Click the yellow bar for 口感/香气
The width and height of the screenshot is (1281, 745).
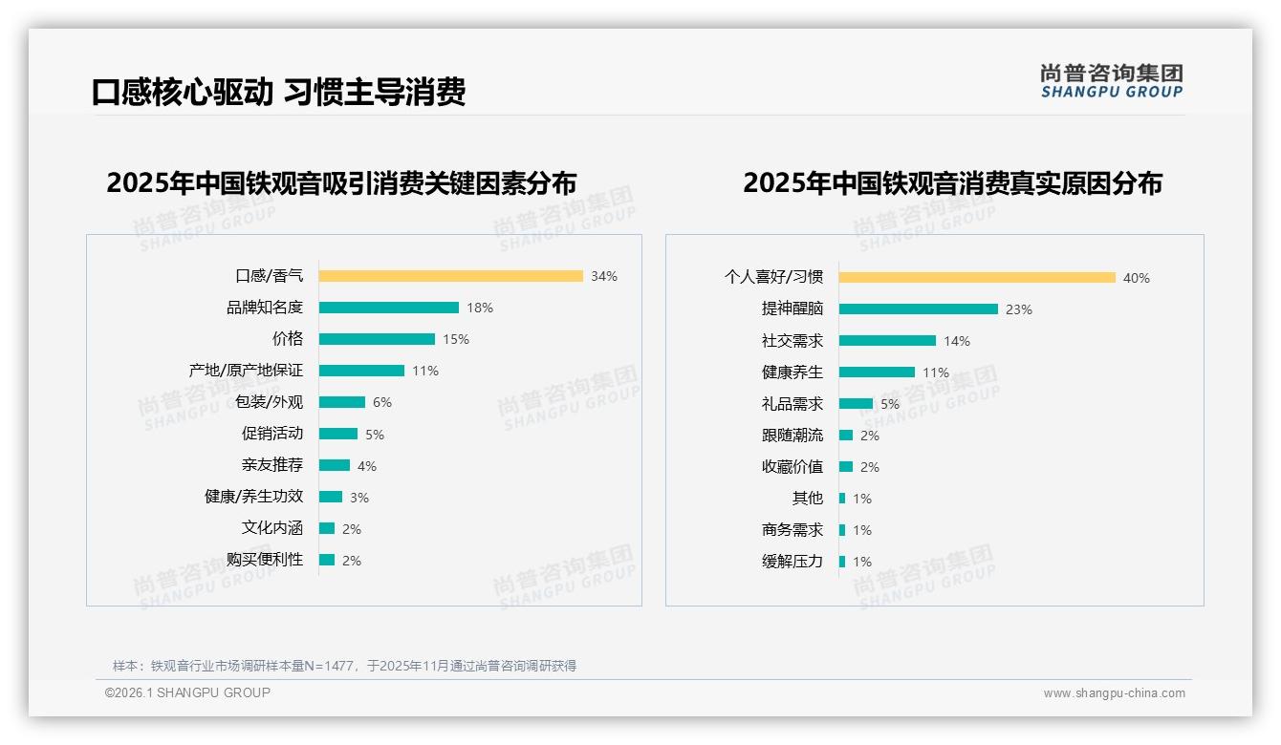point(450,276)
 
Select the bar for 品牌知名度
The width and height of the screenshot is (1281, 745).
point(388,308)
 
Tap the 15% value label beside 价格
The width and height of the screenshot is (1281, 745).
point(456,339)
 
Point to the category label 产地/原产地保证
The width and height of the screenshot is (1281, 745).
point(246,371)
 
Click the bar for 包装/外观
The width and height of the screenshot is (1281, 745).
point(341,402)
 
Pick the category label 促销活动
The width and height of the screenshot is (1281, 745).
point(272,434)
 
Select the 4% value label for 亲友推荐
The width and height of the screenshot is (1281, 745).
point(367,466)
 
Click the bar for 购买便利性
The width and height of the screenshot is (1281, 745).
point(327,560)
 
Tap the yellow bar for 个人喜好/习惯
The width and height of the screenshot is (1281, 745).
point(977,278)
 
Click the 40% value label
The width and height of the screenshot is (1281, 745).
point(1137,278)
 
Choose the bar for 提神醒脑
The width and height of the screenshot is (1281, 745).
point(918,309)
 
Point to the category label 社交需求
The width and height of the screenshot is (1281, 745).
point(792,341)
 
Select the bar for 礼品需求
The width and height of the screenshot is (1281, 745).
point(856,404)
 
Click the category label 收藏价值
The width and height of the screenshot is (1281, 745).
point(792,467)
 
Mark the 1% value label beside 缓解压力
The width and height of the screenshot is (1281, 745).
point(862,562)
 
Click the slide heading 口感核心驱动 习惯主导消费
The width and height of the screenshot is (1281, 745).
point(278,92)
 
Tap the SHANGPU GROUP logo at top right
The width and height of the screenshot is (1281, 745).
point(1111,81)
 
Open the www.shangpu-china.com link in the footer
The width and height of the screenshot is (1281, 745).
point(1114,693)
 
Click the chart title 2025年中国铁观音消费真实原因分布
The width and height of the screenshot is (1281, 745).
point(952,182)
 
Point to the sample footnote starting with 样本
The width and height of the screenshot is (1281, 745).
point(344,666)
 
